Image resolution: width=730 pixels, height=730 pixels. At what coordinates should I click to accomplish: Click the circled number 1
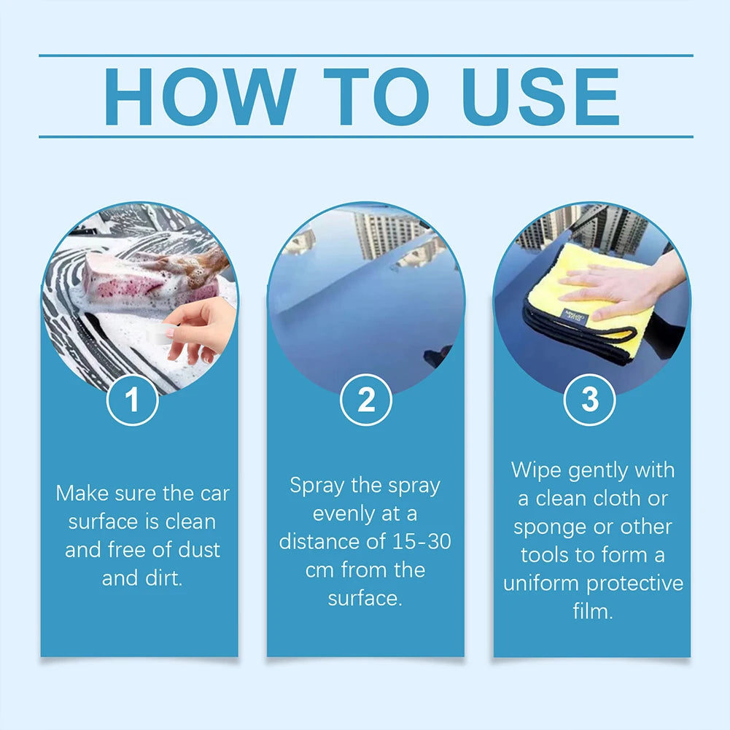132,400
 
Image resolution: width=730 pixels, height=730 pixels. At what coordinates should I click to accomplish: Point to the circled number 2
366,400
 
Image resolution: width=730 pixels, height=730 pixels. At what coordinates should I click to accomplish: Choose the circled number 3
590,400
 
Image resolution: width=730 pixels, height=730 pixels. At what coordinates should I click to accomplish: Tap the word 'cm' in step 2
320,570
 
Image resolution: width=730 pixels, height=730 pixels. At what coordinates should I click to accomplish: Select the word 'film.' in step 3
592,611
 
